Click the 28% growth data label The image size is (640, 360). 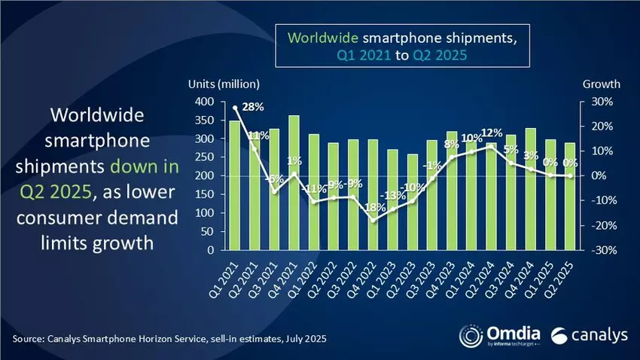253,108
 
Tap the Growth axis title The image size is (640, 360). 600,84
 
